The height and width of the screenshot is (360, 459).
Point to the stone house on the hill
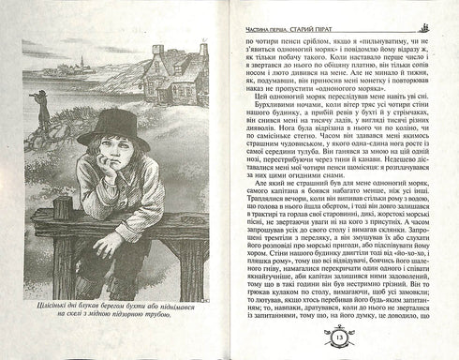tap(169, 80)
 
